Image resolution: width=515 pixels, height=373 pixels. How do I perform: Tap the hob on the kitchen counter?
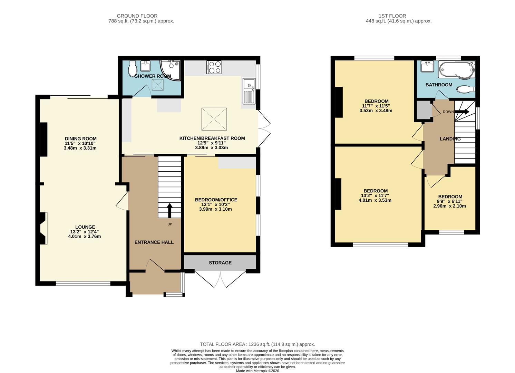[x=214, y=67]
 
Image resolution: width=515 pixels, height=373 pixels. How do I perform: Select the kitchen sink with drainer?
[x=248, y=91]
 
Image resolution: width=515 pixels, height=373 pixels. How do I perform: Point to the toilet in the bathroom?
[x=466, y=90]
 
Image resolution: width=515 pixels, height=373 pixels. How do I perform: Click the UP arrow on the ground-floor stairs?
[x=169, y=210]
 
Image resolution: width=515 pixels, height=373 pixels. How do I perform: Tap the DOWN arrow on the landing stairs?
[x=461, y=112]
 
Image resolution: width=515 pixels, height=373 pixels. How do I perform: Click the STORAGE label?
[x=220, y=263]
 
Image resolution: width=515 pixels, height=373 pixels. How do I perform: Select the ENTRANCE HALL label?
[x=154, y=242]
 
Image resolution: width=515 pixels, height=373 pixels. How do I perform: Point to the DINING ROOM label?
[x=80, y=139]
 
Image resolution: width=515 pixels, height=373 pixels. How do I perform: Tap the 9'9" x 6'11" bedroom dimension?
[x=449, y=201]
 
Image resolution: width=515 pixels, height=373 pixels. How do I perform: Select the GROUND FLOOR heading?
[x=137, y=16]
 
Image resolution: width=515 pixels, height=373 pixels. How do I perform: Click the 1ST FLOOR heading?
[x=392, y=16]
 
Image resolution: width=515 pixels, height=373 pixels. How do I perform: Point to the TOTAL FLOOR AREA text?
[x=257, y=344]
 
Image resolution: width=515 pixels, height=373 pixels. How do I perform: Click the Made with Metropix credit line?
[x=257, y=371]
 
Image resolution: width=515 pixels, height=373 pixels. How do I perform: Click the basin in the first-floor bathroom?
[x=427, y=66]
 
